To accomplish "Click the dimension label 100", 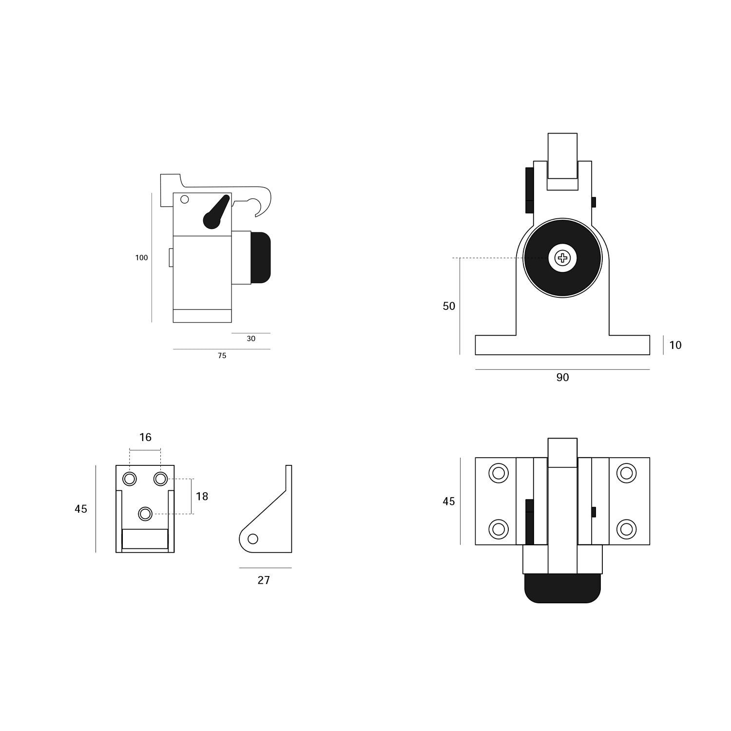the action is [141, 258].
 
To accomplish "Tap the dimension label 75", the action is [222, 356].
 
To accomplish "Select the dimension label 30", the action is [251, 339].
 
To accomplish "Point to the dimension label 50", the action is [449, 306].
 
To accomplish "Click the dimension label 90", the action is [562, 377].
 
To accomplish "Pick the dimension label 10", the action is [675, 345].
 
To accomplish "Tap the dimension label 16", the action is [145, 437].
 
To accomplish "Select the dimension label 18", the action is [202, 496].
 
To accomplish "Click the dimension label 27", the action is [264, 580].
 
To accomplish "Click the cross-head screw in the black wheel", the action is [562, 258].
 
